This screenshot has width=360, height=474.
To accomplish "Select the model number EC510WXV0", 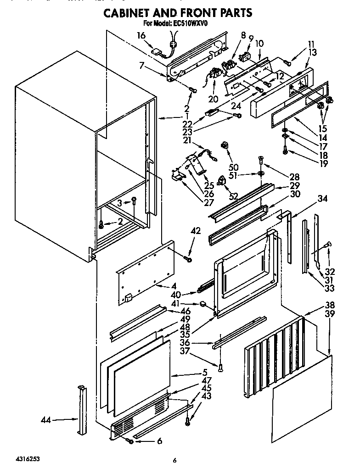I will (x=190, y=24).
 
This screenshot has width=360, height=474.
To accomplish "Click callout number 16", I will (x=141, y=35).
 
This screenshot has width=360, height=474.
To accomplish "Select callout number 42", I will (x=196, y=232).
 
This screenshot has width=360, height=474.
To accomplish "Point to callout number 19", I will (x=311, y=164).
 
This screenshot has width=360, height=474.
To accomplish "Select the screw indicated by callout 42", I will (x=188, y=260).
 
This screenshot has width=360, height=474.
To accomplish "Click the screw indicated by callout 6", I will (x=131, y=441).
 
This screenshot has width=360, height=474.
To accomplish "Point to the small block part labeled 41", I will (x=202, y=303).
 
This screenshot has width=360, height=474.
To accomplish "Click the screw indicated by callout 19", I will (x=286, y=151).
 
